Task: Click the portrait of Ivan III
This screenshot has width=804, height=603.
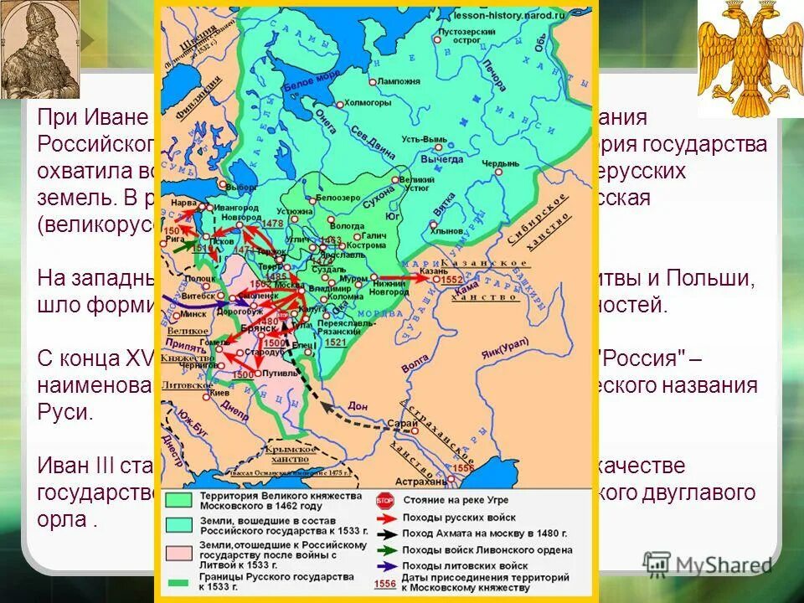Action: point(39,48)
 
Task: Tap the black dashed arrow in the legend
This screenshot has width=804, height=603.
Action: point(384,533)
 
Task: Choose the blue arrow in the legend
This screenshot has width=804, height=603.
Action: point(384,564)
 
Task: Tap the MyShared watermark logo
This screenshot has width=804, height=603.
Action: point(708,564)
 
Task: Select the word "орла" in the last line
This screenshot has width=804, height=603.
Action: point(59,518)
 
